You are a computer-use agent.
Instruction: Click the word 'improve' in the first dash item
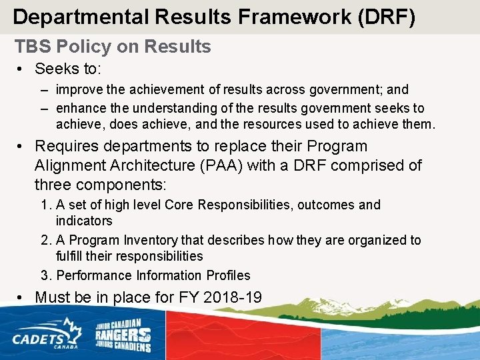(76, 89)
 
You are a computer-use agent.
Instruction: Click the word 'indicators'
(84, 221)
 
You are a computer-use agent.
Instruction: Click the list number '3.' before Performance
(47, 275)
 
